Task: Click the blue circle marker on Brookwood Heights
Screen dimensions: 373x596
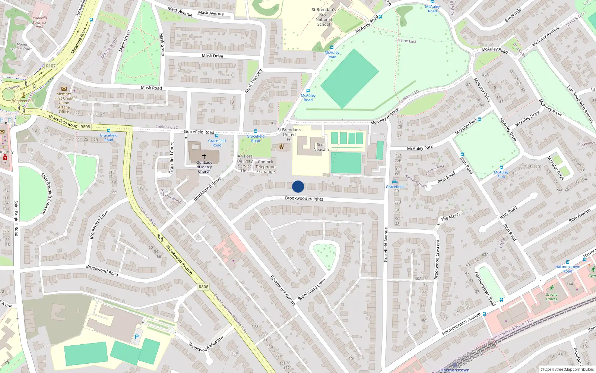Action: point(298,186)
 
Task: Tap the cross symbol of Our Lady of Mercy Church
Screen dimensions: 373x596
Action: point(204,156)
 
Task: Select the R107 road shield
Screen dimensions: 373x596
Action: point(51,66)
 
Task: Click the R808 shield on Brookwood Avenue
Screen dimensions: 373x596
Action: point(203,287)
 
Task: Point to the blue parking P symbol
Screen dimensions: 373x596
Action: point(137,337)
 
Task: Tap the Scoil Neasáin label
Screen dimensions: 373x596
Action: point(321,147)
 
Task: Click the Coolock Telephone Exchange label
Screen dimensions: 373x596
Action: point(266,167)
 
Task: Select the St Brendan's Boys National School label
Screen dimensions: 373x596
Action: point(323,17)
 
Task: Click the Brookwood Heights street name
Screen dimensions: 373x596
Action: point(304,198)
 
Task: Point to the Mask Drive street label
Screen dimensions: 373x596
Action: point(212,56)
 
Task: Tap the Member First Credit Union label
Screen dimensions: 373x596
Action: point(64,103)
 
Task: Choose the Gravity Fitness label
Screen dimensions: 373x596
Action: point(552,297)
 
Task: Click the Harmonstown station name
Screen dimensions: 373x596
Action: point(455,370)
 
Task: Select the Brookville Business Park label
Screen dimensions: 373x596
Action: point(39,22)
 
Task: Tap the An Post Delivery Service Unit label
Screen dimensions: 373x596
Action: point(245,163)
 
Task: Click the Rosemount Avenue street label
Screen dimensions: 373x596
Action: point(283,291)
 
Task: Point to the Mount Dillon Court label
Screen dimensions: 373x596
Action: point(22,47)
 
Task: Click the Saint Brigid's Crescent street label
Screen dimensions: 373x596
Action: point(49,193)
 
